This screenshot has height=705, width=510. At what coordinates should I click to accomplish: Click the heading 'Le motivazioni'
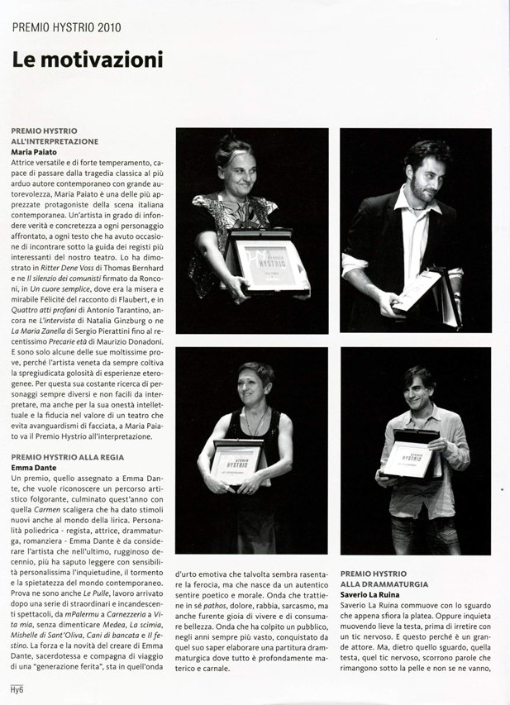point(87,60)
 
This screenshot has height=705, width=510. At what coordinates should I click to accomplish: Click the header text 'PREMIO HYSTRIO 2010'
point(66,27)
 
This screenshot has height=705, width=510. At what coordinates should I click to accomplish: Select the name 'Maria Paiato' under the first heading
point(35,152)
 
